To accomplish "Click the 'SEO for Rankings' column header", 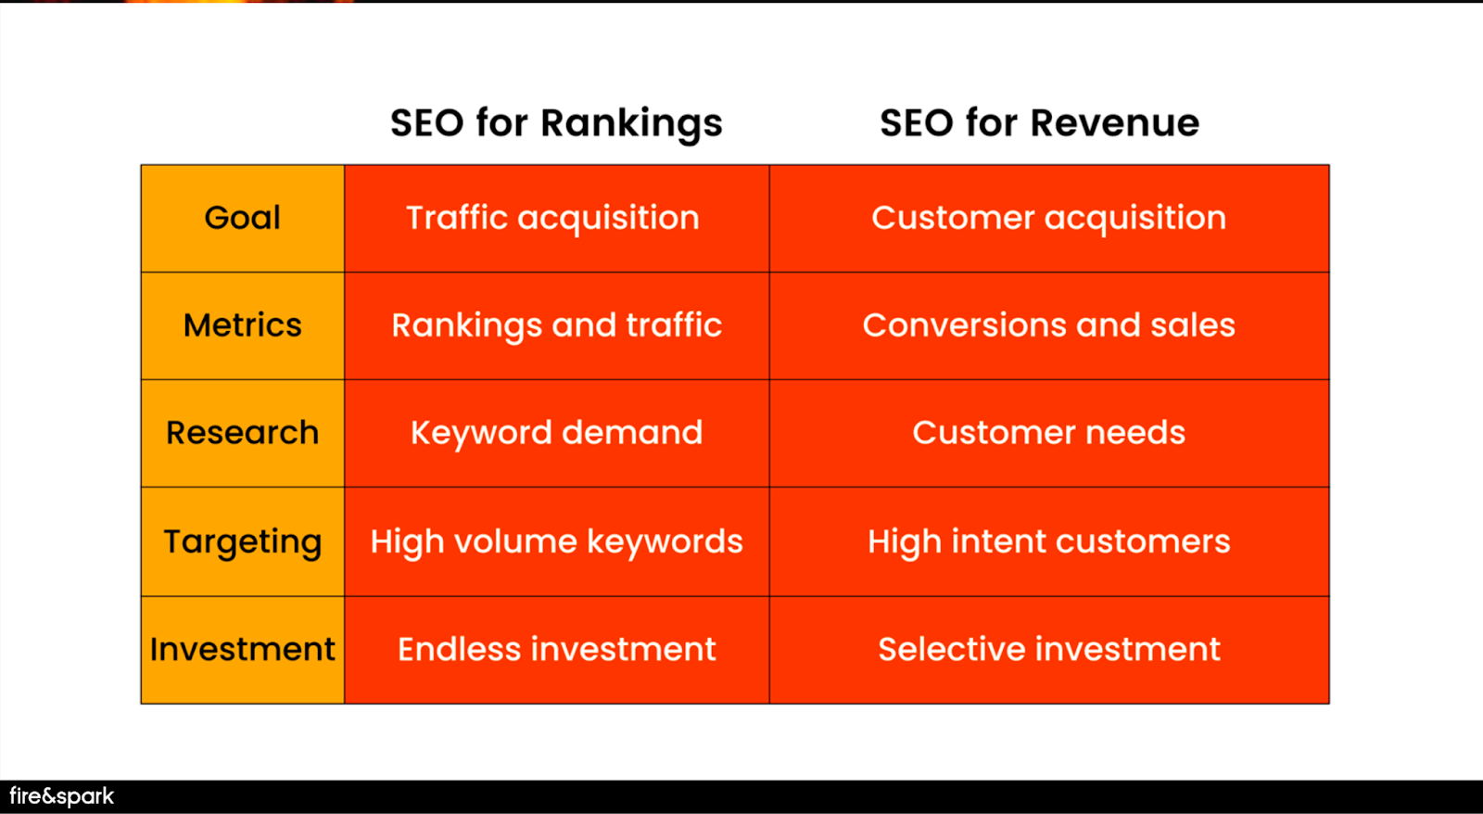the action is click(556, 124).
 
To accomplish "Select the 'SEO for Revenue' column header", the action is click(1039, 123).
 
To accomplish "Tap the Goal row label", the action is click(242, 218).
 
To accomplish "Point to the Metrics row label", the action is click(242, 325).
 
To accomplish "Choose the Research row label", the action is click(242, 433).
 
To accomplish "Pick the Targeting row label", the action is click(242, 542).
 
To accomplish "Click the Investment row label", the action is click(242, 649).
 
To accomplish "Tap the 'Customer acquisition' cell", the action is click(1048, 219).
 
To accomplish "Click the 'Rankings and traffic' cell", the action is click(556, 325).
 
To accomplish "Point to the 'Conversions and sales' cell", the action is click(1048, 325).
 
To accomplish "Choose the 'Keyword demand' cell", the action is click(556, 433).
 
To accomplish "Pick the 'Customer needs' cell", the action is click(1048, 433).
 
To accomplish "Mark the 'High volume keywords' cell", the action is click(556, 541).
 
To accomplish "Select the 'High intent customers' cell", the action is click(1048, 541).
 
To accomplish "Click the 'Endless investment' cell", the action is click(556, 649).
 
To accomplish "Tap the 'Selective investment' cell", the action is click(1048, 649).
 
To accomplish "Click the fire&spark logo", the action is click(61, 796).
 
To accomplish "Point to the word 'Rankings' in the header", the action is click(631, 124).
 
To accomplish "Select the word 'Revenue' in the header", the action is click(1115, 123).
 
